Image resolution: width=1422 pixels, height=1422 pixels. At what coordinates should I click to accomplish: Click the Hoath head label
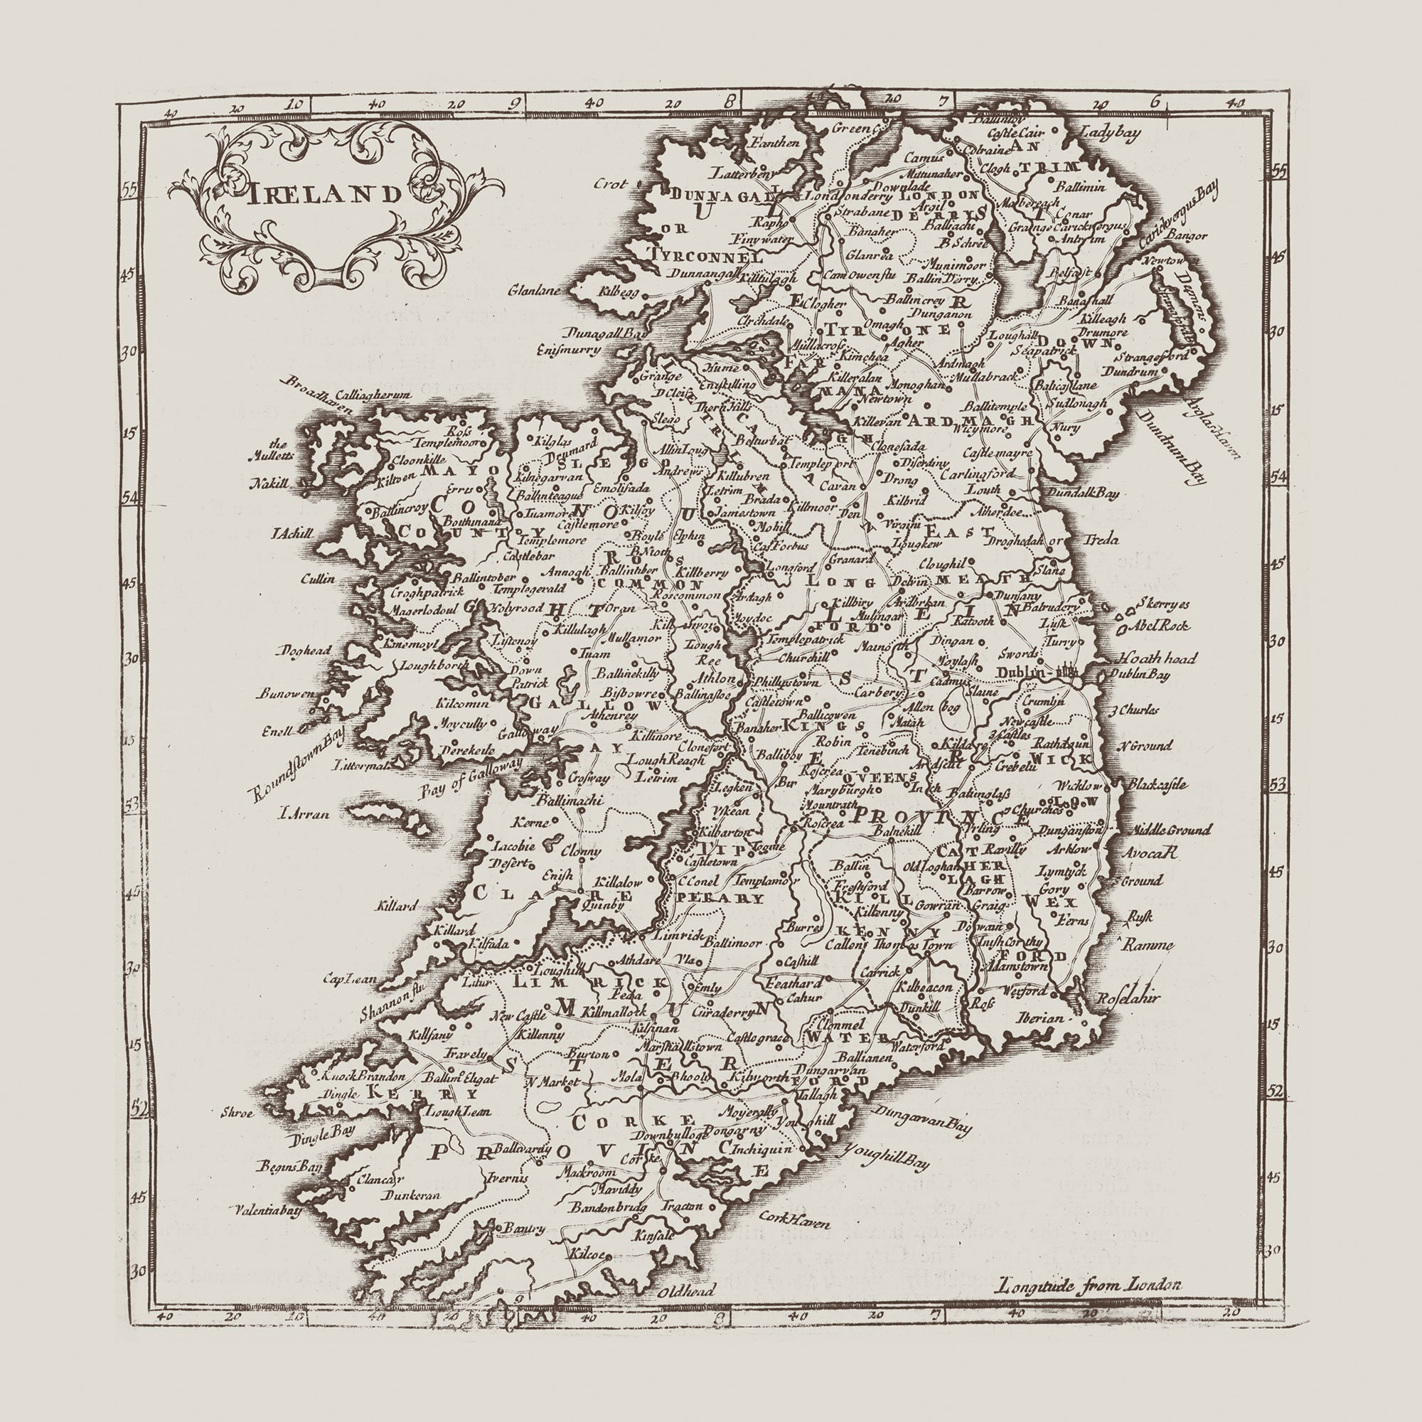pyautogui.click(x=1158, y=658)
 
